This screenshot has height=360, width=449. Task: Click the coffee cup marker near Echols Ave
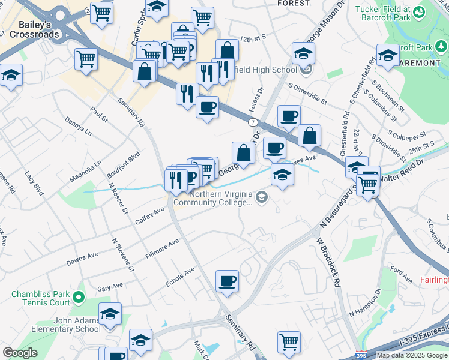[x=227, y=281]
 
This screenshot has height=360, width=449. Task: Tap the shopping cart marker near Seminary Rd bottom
[x=289, y=341]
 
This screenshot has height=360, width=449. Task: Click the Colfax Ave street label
[x=149, y=215]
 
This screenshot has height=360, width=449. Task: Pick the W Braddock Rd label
[x=329, y=262]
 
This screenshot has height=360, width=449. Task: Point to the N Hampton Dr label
[x=365, y=304]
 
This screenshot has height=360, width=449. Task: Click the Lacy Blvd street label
[x=35, y=184]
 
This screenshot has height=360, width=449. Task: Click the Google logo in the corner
[x=20, y=353]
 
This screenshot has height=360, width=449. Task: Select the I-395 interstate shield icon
[x=361, y=355]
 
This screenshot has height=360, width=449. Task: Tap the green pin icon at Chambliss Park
[x=77, y=297]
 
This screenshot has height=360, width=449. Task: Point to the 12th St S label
[x=252, y=38]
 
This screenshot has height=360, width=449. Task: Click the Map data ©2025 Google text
[x=412, y=355]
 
